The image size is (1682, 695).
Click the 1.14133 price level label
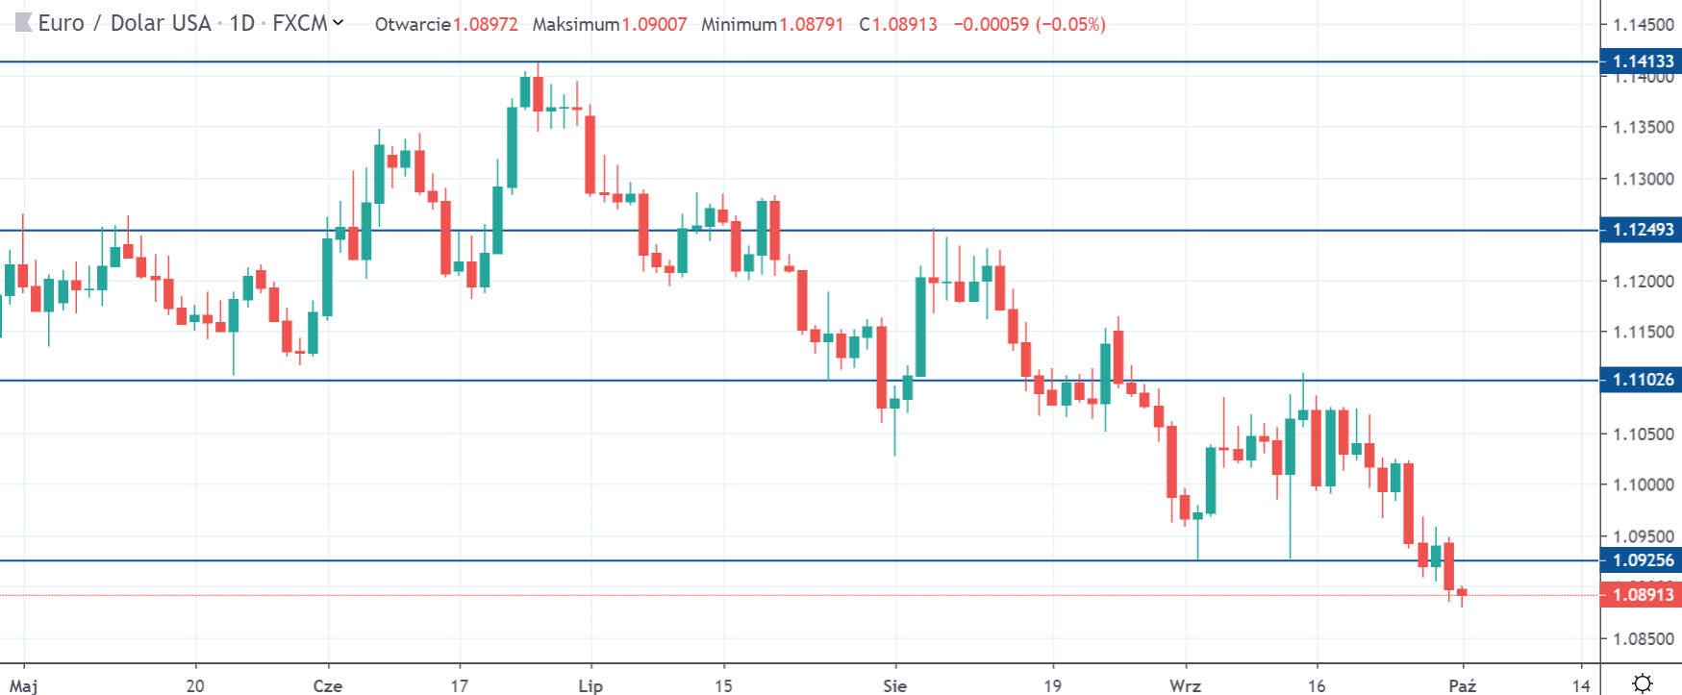click(x=1642, y=62)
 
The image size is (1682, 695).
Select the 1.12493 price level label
click(x=1642, y=230)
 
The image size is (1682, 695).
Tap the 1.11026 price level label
click(x=1642, y=380)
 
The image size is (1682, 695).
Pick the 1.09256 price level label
click(x=1642, y=560)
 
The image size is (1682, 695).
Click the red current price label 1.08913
click(x=1642, y=595)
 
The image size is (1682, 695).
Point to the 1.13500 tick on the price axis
click(x=1643, y=127)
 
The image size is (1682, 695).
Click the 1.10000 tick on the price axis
click(x=1643, y=484)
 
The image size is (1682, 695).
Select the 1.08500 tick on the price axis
click(x=1643, y=638)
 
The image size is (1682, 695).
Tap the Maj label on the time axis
click(x=24, y=685)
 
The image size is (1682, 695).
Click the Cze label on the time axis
click(x=328, y=685)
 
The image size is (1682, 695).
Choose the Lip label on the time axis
click(x=590, y=685)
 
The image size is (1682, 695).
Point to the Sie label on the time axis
click(x=894, y=685)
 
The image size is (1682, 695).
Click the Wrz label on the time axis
click(x=1185, y=685)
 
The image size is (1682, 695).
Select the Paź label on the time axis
click(x=1462, y=685)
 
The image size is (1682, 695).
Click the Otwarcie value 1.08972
click(x=486, y=24)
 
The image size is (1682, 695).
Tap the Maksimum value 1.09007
click(x=654, y=24)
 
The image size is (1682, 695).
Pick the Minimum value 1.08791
click(x=811, y=24)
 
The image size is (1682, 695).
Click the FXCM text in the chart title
click(x=300, y=23)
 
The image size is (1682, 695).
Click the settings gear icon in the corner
click(x=1643, y=683)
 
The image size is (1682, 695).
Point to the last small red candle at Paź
click(x=1462, y=593)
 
